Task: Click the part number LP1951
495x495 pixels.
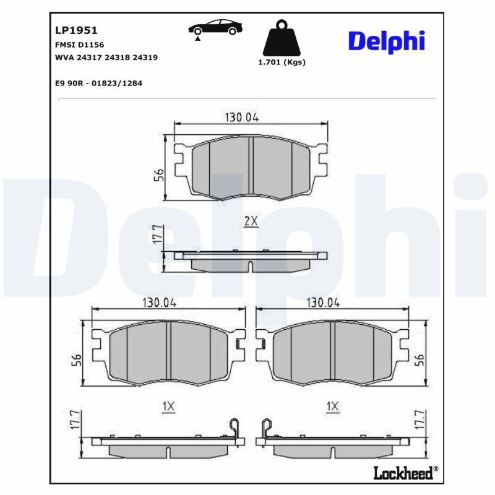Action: (76, 30)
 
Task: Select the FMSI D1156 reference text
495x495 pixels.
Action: (79, 45)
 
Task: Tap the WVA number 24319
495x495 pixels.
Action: (145, 58)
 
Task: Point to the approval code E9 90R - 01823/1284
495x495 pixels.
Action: (98, 84)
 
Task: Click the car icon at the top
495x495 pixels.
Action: (215, 29)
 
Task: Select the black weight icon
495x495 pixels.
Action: (282, 38)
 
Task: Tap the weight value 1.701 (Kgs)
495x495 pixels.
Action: (282, 62)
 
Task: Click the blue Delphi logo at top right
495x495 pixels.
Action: (387, 41)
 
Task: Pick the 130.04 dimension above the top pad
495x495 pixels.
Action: (242, 118)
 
